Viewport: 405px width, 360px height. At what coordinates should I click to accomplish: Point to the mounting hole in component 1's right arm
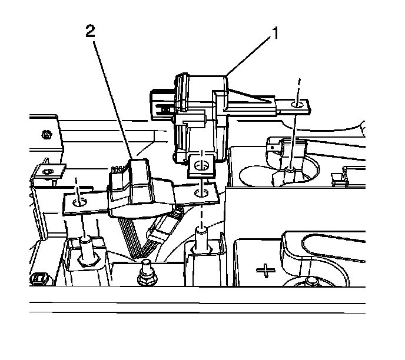pyautogui.click(x=298, y=105)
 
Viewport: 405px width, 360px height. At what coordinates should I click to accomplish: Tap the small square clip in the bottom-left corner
pyautogui.click(x=40, y=278)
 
